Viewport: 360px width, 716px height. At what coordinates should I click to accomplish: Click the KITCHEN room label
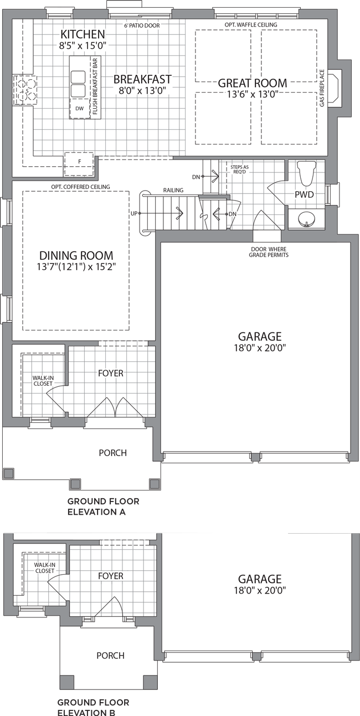click(83, 34)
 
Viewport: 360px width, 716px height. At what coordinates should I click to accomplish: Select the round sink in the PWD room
click(306, 219)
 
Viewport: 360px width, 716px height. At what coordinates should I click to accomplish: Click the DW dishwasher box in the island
click(80, 109)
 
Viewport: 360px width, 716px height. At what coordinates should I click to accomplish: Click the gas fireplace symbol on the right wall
click(334, 88)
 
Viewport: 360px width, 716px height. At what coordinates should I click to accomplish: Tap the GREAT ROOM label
click(253, 83)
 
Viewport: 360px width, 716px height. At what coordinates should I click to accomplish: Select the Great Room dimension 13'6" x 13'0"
click(253, 94)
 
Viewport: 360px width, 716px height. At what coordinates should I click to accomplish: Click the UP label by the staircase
click(134, 213)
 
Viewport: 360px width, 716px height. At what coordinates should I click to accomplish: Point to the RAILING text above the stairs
click(173, 190)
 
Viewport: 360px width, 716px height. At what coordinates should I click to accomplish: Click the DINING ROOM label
click(76, 255)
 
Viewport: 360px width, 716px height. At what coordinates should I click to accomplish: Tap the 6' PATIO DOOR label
click(142, 25)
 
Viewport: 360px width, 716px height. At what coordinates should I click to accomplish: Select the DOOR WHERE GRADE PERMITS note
click(269, 252)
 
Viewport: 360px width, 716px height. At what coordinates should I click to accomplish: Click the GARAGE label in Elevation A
click(260, 336)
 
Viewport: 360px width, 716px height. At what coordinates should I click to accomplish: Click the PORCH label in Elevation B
click(111, 656)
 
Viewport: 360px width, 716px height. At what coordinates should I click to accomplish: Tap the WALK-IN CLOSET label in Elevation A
click(43, 381)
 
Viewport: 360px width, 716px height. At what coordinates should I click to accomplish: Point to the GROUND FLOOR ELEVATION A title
click(103, 507)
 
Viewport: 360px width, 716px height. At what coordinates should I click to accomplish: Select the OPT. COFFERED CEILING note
click(80, 187)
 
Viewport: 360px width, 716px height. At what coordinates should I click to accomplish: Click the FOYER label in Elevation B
click(111, 576)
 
